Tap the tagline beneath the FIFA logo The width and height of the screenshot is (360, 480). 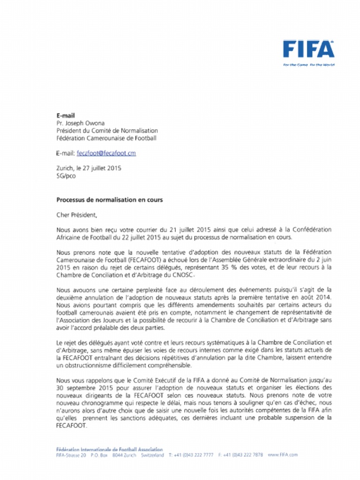click(308, 65)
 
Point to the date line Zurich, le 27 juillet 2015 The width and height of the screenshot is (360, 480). click(89, 168)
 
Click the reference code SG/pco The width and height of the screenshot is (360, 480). click(66, 176)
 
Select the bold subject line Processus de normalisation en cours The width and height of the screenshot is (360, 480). click(110, 200)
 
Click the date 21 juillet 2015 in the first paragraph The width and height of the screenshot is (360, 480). click(188, 230)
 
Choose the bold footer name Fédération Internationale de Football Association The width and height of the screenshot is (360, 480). click(109, 449)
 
